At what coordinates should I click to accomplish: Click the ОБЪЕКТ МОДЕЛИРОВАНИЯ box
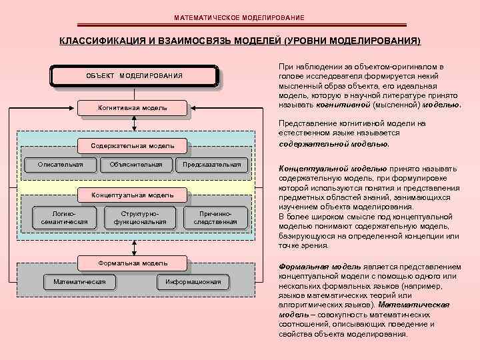(x=134, y=75)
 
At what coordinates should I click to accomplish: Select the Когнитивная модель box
(x=133, y=107)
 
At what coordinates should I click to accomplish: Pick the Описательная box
(x=61, y=164)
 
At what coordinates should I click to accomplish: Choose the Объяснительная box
(x=136, y=164)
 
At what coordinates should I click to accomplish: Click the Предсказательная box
(x=211, y=164)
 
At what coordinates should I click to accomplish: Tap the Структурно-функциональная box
(x=140, y=217)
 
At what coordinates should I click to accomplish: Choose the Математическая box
(x=79, y=281)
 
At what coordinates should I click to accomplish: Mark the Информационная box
(x=193, y=281)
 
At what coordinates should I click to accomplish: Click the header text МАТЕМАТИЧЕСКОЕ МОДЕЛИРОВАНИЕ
(x=239, y=17)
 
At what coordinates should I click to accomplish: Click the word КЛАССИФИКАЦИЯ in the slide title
(x=101, y=41)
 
